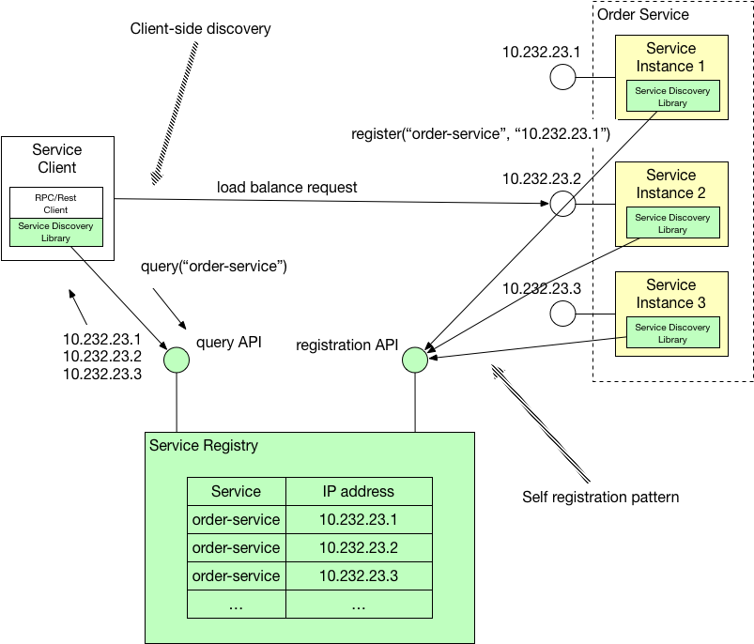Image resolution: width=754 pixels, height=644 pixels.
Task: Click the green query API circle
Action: point(177,359)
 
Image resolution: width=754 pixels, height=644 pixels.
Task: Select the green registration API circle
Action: point(414,359)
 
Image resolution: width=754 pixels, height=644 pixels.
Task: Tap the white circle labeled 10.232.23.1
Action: point(562,77)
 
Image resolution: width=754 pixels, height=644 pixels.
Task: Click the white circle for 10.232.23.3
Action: point(562,314)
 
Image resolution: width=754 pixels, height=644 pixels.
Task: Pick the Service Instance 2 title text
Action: point(670,184)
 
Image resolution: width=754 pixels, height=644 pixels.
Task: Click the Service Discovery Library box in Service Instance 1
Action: point(672,97)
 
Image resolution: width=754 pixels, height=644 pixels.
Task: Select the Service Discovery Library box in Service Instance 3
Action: point(672,333)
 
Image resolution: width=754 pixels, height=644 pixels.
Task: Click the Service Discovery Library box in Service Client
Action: point(55,232)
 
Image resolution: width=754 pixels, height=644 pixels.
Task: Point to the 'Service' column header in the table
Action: point(236,491)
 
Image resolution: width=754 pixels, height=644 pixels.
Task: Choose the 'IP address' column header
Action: point(358,491)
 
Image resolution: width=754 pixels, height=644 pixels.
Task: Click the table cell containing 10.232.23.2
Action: point(358,547)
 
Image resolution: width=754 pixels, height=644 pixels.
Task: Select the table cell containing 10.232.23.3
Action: point(358,575)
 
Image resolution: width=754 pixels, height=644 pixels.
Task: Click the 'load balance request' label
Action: point(286,187)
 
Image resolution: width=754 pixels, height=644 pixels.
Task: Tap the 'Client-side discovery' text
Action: point(200,29)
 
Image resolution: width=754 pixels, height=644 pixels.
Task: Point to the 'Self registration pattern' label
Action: point(600,497)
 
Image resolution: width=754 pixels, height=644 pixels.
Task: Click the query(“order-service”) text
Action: point(213,267)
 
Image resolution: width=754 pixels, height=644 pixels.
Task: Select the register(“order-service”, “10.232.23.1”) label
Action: point(481,134)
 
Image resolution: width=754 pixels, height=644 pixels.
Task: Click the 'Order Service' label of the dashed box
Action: point(643,14)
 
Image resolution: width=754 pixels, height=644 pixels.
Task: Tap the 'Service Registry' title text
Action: point(204,445)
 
